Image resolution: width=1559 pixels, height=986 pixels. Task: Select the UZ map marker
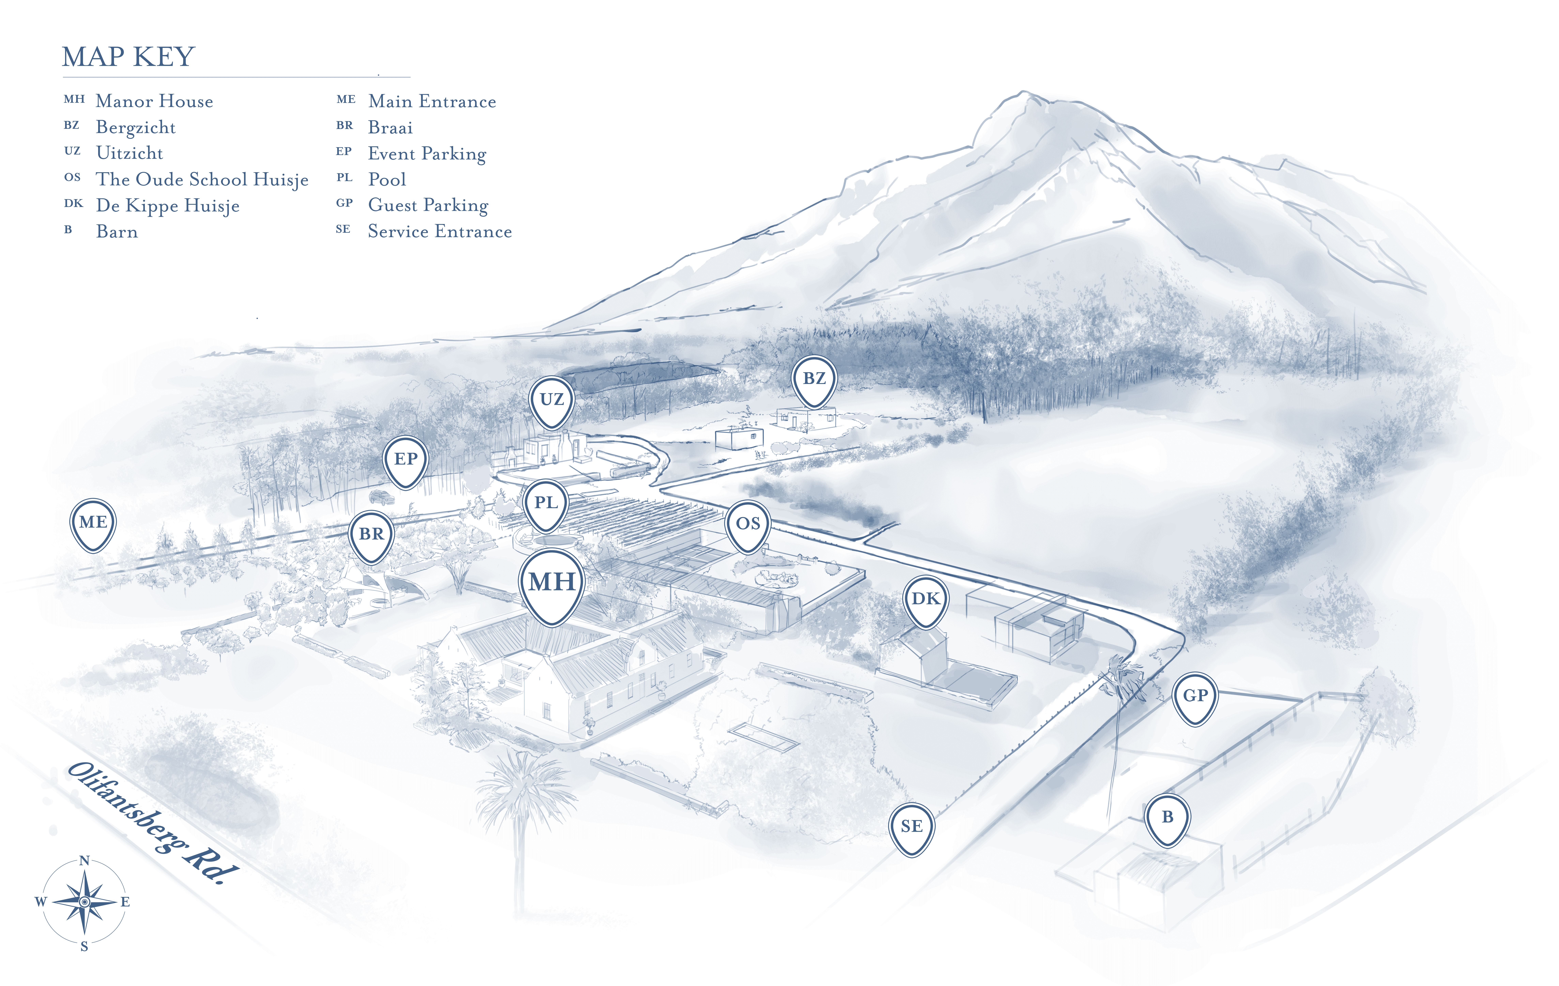(552, 400)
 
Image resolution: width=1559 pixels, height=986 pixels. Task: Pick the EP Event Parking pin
(406, 460)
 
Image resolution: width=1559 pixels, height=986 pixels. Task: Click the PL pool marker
(546, 504)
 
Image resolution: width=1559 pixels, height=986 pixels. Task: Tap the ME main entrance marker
(93, 523)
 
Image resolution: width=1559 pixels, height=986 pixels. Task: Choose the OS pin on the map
(748, 524)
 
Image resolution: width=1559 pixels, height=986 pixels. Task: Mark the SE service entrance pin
(912, 827)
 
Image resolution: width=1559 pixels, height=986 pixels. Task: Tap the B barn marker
(1167, 818)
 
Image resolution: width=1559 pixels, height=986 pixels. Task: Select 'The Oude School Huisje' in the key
(202, 179)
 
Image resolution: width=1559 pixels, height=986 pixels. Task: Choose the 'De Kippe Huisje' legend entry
(168, 206)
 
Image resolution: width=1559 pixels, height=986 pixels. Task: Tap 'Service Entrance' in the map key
(440, 231)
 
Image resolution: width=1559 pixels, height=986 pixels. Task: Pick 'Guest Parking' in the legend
(428, 205)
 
